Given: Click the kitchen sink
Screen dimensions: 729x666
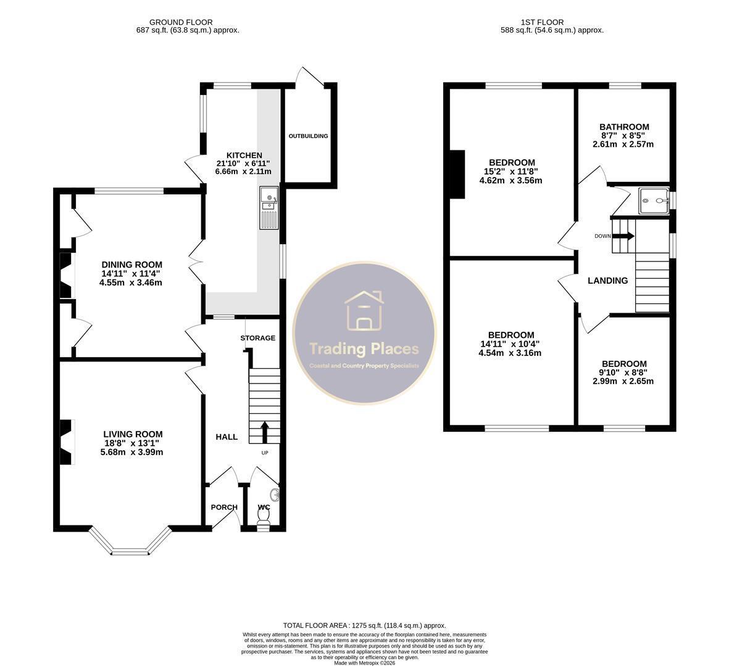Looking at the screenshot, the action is [x=269, y=208].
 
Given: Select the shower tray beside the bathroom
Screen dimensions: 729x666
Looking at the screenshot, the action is [x=653, y=200].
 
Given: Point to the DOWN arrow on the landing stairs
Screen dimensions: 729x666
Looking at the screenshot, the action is [x=624, y=236].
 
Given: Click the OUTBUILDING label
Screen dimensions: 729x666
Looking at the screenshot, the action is [x=308, y=136].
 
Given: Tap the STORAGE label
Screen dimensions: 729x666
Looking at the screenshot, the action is [x=258, y=338].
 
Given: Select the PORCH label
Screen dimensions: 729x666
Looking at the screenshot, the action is [x=224, y=507].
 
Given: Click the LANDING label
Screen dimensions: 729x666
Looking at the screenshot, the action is [x=607, y=281].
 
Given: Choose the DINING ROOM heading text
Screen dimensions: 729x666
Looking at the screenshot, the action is [x=132, y=265].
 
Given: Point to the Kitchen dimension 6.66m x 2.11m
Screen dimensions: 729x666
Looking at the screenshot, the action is [x=243, y=171].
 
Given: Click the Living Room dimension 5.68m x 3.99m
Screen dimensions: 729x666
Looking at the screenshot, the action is [x=131, y=452].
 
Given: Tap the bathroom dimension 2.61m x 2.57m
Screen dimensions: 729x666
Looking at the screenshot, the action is [x=623, y=144].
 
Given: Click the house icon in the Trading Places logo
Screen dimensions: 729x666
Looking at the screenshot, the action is [x=364, y=311].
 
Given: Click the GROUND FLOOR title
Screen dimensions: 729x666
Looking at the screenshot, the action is [x=181, y=22].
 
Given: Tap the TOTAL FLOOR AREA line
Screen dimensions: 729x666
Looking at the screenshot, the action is [x=364, y=625].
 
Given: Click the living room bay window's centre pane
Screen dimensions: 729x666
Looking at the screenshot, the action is [x=130, y=552].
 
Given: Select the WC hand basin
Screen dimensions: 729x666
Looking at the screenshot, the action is [x=276, y=495].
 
